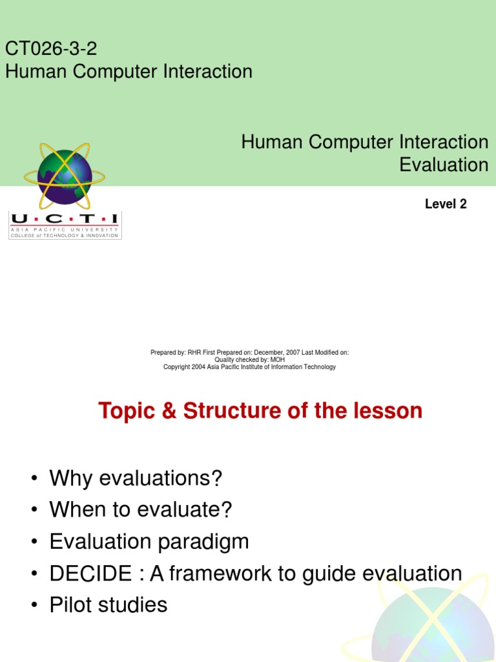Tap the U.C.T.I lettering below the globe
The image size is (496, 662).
pos(65,219)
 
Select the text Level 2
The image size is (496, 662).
pos(445,204)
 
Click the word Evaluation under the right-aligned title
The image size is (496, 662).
pos(444,164)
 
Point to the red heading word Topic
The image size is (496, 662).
pos(127,411)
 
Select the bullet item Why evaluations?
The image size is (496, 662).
pos(136,479)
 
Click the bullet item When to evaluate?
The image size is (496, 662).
pos(140,510)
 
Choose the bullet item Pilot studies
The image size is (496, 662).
pos(108,605)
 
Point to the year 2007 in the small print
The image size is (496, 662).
pos(293,352)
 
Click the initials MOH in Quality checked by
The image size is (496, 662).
pos(278,359)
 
